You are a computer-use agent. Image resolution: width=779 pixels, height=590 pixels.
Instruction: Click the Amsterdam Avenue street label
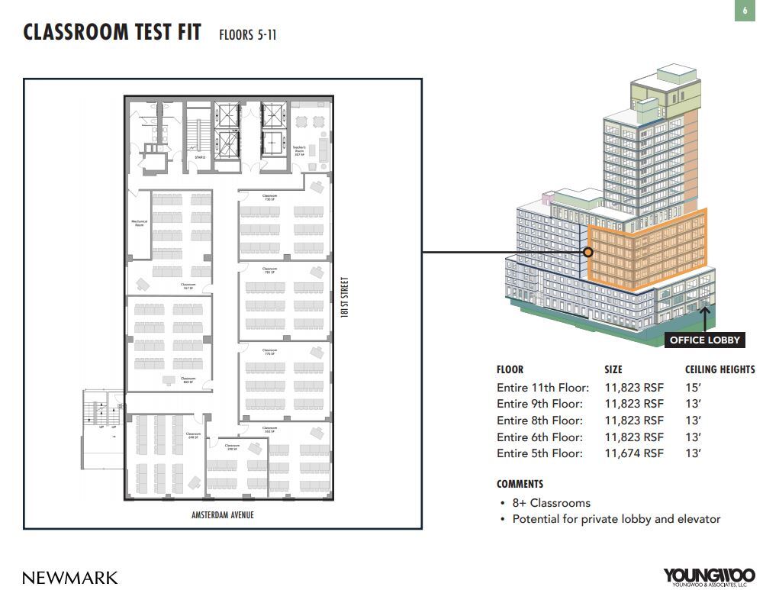(x=223, y=515)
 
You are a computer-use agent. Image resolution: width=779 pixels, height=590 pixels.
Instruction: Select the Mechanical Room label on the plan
(x=139, y=224)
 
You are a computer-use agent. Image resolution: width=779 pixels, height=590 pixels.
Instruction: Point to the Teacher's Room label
(x=299, y=150)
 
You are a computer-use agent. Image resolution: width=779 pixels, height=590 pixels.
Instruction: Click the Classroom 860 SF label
(x=188, y=380)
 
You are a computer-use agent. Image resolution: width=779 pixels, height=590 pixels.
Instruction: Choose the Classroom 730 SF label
(x=269, y=198)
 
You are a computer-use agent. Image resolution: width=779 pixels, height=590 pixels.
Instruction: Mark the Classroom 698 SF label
(x=192, y=435)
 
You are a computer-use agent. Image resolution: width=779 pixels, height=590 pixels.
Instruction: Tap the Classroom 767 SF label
(x=188, y=286)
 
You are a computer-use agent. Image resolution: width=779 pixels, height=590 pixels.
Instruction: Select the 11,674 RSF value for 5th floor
(x=633, y=453)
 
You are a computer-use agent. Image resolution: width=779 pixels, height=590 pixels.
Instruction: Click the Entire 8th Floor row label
(x=539, y=421)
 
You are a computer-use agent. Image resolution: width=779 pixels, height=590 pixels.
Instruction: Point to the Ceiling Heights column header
(x=719, y=369)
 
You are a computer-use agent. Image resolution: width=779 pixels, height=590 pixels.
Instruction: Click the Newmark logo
(x=70, y=577)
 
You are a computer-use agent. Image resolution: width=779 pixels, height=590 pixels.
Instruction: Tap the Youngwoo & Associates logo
(x=709, y=577)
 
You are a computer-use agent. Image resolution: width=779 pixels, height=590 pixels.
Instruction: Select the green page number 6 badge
(x=745, y=11)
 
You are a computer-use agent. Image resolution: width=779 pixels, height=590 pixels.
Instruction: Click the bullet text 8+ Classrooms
(x=550, y=503)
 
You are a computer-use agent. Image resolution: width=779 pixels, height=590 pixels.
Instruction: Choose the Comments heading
(x=520, y=484)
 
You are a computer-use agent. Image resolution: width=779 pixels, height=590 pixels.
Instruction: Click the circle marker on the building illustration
(x=588, y=252)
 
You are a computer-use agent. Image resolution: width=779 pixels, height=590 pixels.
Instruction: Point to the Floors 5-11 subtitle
(x=247, y=35)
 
